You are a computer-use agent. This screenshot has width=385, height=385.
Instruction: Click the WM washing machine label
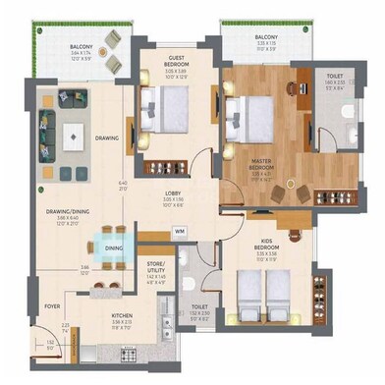[x=179, y=232]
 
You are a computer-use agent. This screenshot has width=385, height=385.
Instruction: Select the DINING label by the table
[x=114, y=248]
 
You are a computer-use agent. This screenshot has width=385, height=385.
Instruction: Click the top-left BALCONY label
[x=81, y=46]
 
